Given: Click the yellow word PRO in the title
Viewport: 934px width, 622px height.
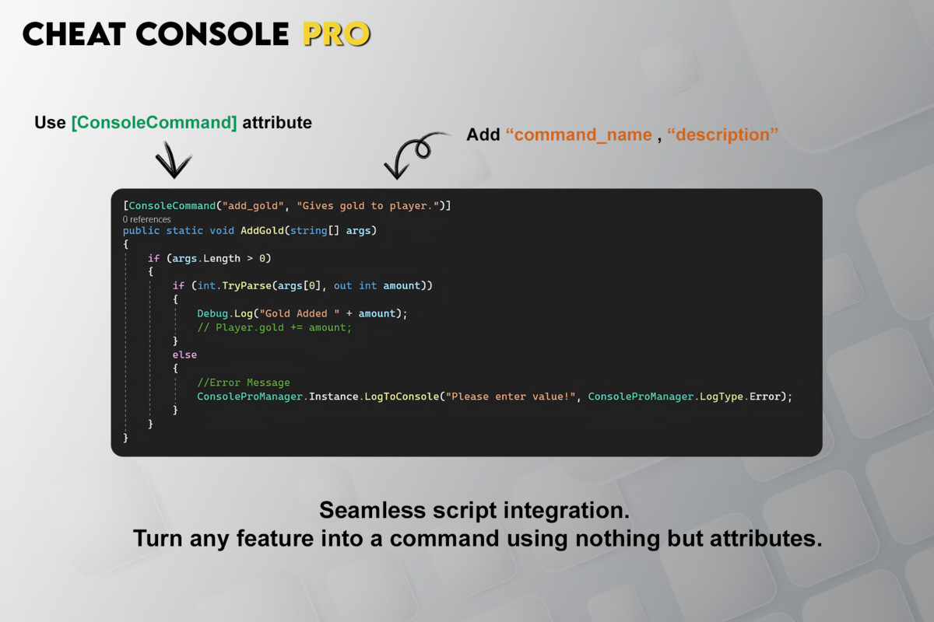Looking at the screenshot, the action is pyautogui.click(x=336, y=33).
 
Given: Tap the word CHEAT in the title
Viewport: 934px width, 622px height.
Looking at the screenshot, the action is pyautogui.click(x=74, y=33).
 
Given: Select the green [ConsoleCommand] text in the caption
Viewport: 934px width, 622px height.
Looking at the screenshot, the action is pyautogui.click(x=154, y=123).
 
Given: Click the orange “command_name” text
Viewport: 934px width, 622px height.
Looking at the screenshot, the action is pyautogui.click(x=579, y=135).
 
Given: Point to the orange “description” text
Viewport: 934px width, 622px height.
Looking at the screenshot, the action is pyautogui.click(x=722, y=135).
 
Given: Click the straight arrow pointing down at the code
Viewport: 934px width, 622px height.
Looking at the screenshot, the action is pyautogui.click(x=173, y=160).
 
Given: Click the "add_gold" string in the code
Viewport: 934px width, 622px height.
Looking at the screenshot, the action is pyautogui.click(x=253, y=206).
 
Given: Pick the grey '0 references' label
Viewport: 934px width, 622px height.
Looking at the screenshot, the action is pyautogui.click(x=147, y=219).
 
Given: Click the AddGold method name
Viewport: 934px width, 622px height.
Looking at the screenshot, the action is pyautogui.click(x=262, y=230).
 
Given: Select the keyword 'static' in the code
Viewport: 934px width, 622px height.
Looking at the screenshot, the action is pyautogui.click(x=184, y=230).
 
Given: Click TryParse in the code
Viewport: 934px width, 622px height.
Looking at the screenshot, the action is pyautogui.click(x=247, y=286).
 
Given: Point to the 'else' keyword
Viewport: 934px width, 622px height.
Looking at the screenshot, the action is pyautogui.click(x=184, y=355).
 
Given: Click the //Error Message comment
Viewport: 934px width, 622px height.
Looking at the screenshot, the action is pyautogui.click(x=244, y=383).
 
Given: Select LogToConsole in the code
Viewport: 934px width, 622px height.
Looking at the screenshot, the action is pyautogui.click(x=402, y=397).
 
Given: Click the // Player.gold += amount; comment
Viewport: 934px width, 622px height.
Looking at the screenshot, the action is pyautogui.click(x=274, y=327).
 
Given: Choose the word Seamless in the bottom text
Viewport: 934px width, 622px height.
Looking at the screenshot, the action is pyautogui.click(x=372, y=510).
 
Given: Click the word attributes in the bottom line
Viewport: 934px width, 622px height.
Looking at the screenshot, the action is pyautogui.click(x=766, y=538).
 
